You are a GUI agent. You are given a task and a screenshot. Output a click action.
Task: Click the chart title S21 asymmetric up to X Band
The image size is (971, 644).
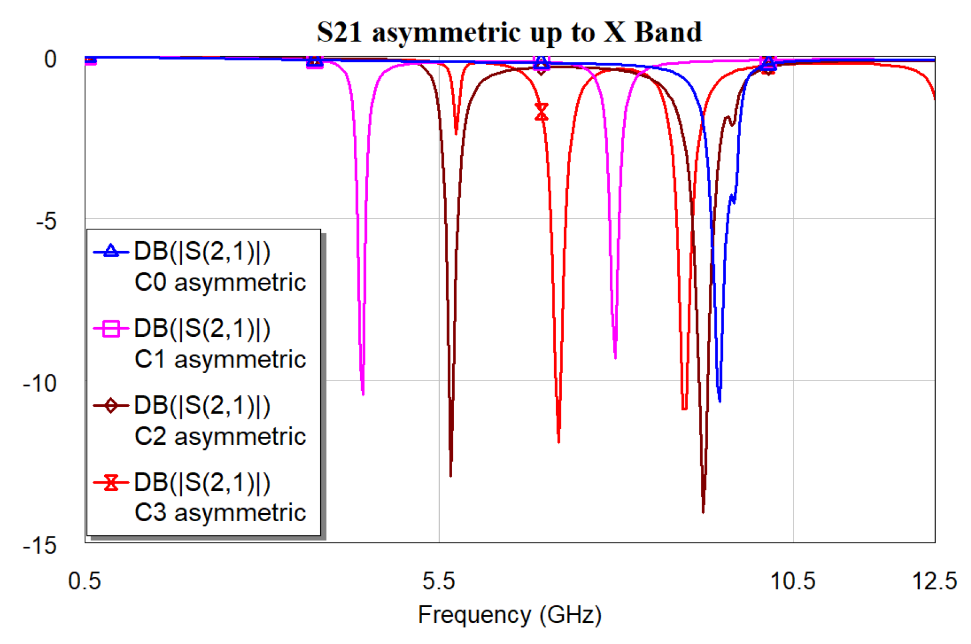pos(509,32)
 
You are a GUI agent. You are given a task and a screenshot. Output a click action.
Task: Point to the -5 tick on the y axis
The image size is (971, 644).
pos(46,221)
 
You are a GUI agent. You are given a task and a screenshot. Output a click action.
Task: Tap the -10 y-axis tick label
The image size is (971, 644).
pos(40,383)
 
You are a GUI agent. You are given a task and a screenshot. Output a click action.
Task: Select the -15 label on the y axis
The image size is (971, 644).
pos(40,546)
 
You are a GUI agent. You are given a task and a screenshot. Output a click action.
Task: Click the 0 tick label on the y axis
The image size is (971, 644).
pos(51,59)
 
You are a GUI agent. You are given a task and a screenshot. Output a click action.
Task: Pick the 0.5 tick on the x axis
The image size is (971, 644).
pos(84,581)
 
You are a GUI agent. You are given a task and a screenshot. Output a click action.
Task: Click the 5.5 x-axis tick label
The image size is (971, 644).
pos(439,581)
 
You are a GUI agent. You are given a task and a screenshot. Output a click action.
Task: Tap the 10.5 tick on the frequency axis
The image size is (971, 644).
pos(792,581)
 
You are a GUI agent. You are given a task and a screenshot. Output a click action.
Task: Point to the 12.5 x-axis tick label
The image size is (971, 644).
pos(934,581)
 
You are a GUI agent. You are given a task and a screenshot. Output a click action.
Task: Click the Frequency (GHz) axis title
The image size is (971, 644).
pos(509,615)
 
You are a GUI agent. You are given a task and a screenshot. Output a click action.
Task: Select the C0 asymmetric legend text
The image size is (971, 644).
pos(220,282)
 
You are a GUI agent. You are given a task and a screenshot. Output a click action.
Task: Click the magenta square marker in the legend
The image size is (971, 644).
pos(111,329)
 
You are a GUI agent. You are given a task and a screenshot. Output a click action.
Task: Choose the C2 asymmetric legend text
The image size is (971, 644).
pos(220,436)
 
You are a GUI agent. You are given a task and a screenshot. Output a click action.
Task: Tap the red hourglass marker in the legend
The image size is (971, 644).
pos(111,482)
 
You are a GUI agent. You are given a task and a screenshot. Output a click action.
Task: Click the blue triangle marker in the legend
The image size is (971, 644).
pos(111,251)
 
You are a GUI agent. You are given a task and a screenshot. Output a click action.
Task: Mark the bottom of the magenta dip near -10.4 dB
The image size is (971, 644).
pos(363,393)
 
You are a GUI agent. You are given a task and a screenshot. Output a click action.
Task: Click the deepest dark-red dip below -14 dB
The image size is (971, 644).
pos(703,511)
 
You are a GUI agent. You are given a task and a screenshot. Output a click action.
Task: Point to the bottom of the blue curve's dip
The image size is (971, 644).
pos(720,401)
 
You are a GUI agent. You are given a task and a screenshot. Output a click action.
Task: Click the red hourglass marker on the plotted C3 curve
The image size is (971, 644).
pos(542,112)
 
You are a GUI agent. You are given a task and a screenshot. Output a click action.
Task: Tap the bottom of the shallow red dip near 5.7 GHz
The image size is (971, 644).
pos(456,133)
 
